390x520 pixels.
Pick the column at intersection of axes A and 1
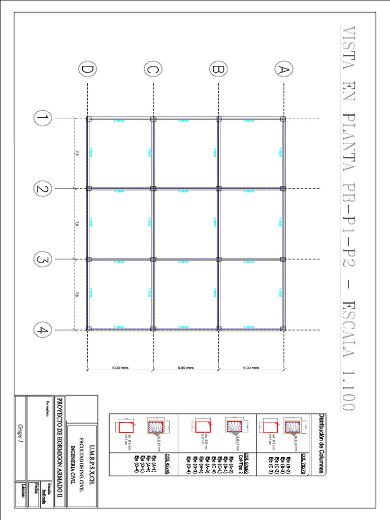283,119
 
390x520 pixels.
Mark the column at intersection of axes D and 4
89,329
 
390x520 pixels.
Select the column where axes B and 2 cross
219,188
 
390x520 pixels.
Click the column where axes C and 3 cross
153,259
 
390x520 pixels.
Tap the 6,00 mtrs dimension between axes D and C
121,368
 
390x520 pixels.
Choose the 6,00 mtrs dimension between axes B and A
251,368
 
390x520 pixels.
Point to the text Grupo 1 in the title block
21,434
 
